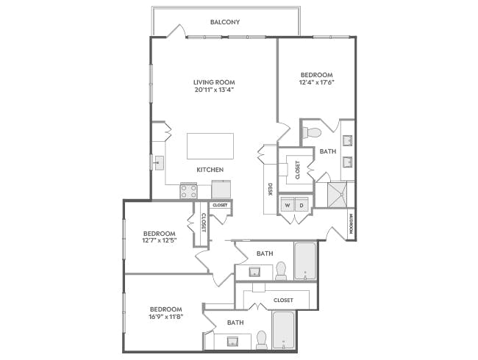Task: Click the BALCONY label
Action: tap(225, 22)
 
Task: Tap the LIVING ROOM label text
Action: tap(214, 82)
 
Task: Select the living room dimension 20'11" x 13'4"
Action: tap(214, 90)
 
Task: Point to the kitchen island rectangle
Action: tap(210, 145)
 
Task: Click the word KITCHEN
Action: tap(210, 170)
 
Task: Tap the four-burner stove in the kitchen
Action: tap(189, 191)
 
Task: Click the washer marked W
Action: tap(287, 206)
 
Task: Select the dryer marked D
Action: tap(302, 206)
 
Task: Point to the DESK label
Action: tap(271, 190)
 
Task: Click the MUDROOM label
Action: tap(352, 223)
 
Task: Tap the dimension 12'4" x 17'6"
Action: tap(317, 83)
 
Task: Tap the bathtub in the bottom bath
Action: tap(283, 330)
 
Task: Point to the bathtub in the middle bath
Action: tap(305, 261)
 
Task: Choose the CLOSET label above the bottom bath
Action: tap(283, 300)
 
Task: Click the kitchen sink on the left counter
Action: tap(157, 162)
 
